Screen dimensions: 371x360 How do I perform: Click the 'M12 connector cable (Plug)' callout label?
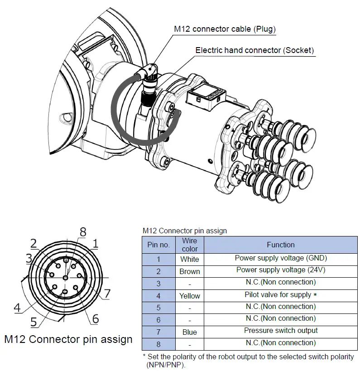tap(225, 29)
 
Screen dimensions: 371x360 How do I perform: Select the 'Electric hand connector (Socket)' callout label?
tap(254, 50)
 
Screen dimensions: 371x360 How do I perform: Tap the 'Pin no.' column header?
tap(158, 245)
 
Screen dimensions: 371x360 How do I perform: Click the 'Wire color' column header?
tap(189, 245)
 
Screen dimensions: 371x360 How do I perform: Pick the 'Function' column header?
tap(280, 245)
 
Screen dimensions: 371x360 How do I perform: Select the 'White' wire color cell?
tap(189, 260)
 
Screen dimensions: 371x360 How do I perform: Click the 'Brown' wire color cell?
tap(189, 271)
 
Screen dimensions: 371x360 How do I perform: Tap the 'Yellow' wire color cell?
tap(189, 296)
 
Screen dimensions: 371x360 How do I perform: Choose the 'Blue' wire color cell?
tap(189, 332)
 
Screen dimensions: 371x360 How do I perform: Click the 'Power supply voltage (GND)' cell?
tap(280, 258)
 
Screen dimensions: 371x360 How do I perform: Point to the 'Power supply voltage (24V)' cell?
tap(280, 270)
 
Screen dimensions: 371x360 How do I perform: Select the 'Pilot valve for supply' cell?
tap(280, 294)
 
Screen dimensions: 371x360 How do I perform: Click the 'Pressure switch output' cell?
tap(280, 331)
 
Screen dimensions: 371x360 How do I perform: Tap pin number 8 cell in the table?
tap(158, 344)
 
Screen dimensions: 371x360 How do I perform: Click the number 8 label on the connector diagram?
tap(82, 232)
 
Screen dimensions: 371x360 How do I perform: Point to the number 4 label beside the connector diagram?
tap(17, 308)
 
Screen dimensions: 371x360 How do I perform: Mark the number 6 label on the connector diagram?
tap(95, 319)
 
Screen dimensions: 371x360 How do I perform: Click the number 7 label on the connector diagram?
tap(107, 294)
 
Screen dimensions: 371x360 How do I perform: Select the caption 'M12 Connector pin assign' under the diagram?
tap(68, 339)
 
